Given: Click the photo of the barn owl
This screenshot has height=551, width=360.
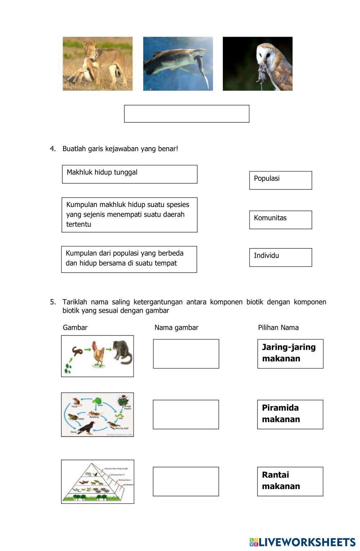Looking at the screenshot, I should (258, 64).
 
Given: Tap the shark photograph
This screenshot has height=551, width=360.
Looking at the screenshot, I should (178, 64).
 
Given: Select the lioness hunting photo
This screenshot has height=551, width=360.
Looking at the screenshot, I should (98, 64).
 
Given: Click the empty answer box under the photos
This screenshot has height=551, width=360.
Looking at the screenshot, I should (186, 114).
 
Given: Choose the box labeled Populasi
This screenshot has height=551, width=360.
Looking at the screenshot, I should (280, 180).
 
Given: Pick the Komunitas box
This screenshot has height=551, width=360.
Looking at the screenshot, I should (280, 220).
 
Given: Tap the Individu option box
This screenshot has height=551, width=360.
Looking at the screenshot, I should (280, 257).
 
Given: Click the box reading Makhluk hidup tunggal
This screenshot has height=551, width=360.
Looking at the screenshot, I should (130, 174).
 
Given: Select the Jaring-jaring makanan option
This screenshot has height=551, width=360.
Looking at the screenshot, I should (290, 354).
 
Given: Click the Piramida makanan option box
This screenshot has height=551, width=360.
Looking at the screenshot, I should (290, 415).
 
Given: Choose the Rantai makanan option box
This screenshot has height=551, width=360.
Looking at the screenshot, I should (290, 482).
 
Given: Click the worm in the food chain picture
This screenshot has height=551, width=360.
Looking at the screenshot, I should (78, 351).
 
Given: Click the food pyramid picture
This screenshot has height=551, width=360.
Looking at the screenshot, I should (98, 482).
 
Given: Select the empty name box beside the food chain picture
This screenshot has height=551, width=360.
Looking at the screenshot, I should (186, 354).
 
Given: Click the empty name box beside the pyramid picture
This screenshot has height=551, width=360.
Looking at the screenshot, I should (186, 482).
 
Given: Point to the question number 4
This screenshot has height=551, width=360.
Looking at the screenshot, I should (53, 149).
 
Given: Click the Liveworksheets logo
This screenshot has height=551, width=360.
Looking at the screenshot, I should (302, 542).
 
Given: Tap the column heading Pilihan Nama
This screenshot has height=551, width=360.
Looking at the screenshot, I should (278, 328).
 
